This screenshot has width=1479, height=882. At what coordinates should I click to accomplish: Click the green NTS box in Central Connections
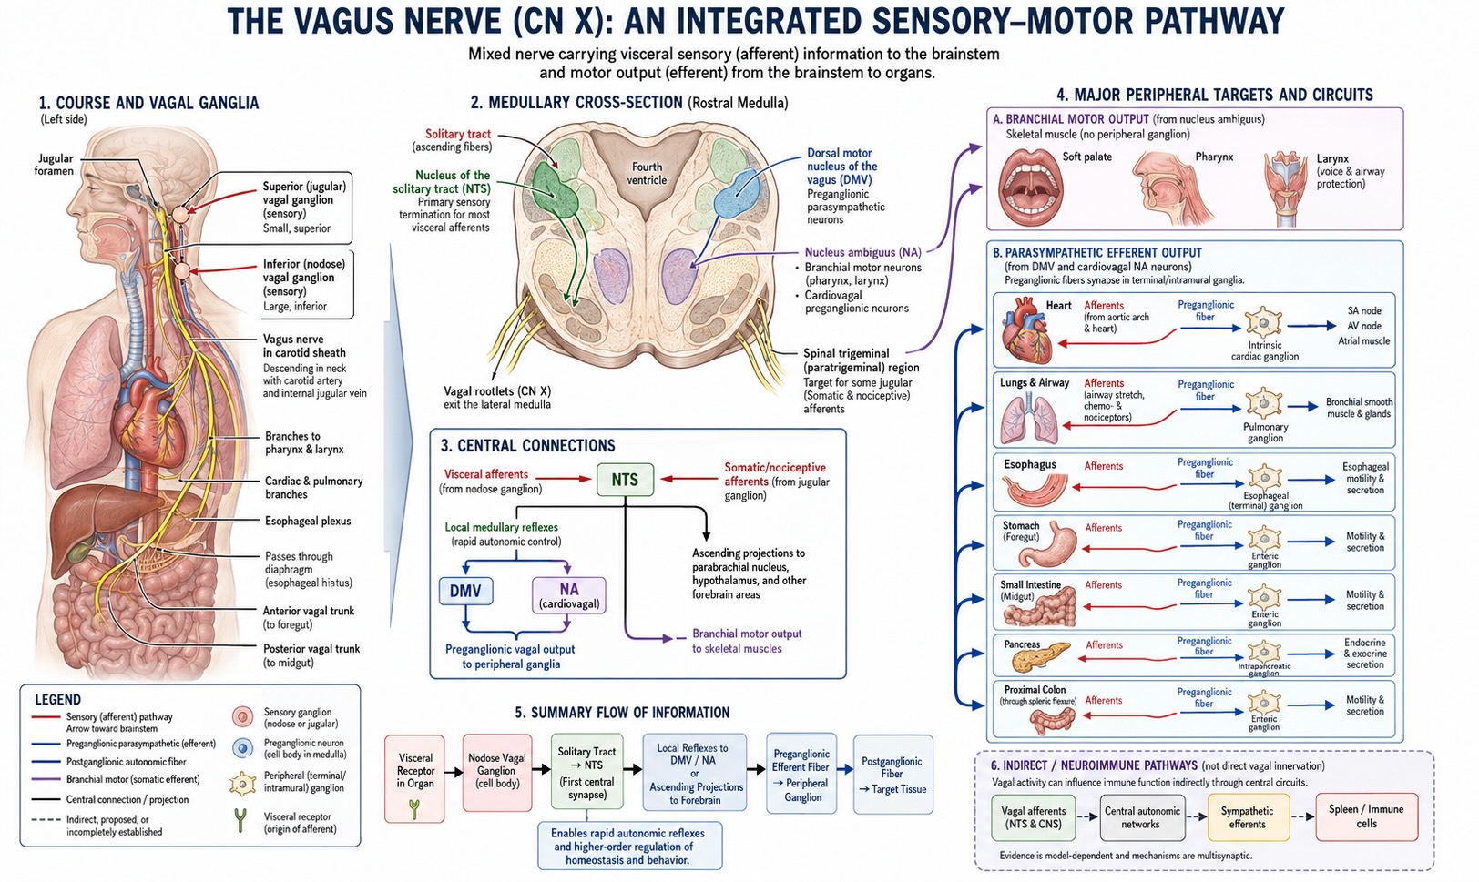[625, 480]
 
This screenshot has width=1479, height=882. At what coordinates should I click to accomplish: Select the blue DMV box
[465, 591]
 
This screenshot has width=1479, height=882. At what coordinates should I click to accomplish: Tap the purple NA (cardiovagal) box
[568, 595]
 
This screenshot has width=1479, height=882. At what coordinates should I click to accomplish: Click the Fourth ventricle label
[647, 174]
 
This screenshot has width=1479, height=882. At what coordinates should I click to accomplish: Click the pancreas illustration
[1041, 657]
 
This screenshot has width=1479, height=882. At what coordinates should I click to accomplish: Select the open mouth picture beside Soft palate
[1030, 188]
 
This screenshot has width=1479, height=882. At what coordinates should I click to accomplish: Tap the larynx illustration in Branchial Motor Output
[1285, 189]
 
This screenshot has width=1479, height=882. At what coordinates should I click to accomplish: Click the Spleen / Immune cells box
[1366, 816]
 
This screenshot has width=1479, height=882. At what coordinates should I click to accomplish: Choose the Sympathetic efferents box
[1248, 817]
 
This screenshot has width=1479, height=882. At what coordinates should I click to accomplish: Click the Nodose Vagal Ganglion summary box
[496, 773]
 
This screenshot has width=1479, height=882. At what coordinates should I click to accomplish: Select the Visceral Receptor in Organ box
[414, 778]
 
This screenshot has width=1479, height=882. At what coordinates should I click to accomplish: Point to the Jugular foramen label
[55, 164]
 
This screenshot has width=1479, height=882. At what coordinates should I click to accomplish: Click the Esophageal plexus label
[308, 521]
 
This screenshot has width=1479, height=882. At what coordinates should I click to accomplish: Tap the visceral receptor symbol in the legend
[241, 820]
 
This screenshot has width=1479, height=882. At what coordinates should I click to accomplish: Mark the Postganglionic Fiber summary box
[892, 775]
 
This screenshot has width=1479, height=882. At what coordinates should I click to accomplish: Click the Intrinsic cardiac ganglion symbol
[1263, 324]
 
